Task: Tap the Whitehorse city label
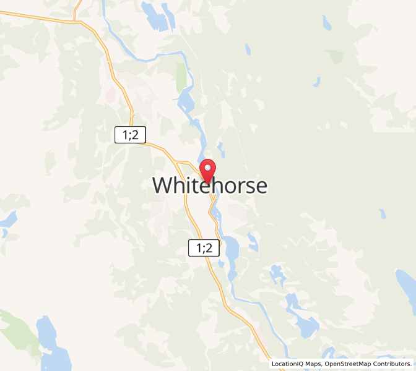tap(209, 185)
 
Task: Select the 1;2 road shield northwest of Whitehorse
tap(130, 135)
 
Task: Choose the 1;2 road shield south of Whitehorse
tap(204, 249)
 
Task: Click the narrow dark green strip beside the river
tap(181, 77)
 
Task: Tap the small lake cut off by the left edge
tap(6, 220)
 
